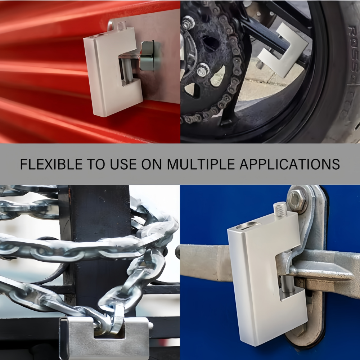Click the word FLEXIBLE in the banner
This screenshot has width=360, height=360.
point(51,164)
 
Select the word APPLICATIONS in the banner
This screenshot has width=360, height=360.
point(290,164)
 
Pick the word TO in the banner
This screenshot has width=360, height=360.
point(96,164)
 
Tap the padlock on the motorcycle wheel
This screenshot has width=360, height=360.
point(282,51)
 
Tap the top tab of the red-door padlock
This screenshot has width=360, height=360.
point(121,25)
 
